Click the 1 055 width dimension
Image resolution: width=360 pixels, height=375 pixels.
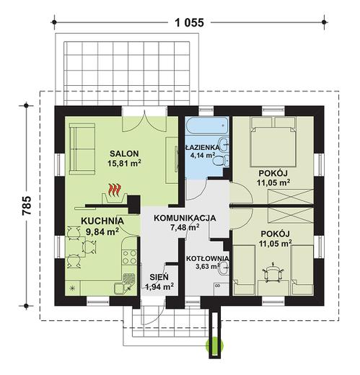189,22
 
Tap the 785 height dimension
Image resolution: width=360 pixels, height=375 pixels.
27,206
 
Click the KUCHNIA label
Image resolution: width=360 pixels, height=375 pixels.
102,221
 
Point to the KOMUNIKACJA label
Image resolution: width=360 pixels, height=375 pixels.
185,218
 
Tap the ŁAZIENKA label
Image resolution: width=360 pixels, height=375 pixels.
203,147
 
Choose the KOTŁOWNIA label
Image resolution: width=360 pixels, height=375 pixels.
207,258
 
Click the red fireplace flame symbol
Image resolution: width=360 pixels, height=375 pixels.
115,190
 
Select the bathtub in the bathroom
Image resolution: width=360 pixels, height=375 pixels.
207,125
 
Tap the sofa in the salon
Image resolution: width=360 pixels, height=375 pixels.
82,149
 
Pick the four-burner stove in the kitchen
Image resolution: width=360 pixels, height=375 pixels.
129,257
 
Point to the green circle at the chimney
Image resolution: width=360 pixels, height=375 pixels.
214,345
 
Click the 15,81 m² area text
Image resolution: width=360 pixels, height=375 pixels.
124,163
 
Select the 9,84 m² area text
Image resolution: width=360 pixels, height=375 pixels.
102,231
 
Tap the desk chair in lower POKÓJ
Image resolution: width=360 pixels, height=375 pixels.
273,273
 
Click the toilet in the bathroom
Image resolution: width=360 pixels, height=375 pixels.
221,160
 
